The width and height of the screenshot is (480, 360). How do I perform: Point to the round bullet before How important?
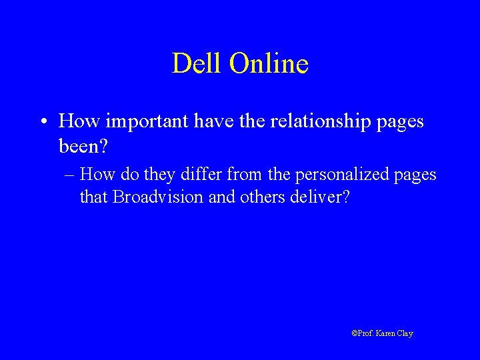pos(42,123)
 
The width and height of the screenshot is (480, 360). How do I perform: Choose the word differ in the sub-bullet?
pos(205,175)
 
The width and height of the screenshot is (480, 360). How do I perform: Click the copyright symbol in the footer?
pos(354,333)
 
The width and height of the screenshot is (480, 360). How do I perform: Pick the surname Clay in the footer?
pos(405,333)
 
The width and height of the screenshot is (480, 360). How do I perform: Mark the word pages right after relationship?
pos(401,123)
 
